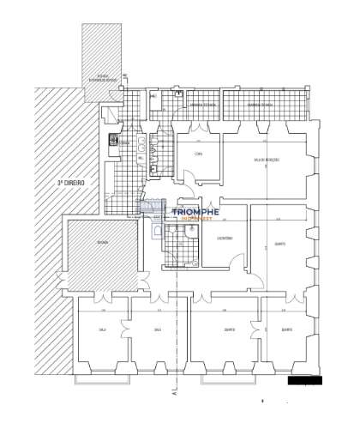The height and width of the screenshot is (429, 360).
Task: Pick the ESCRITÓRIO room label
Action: click(x=224, y=239)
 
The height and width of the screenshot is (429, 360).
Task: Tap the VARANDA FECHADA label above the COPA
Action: click(x=203, y=105)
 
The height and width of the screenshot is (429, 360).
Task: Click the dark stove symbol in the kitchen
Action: click(x=112, y=142)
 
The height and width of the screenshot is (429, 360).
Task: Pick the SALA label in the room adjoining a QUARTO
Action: click(x=157, y=329)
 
